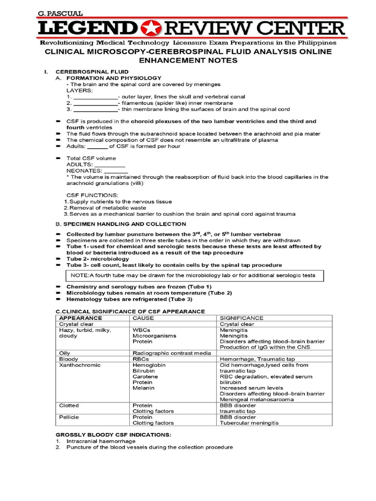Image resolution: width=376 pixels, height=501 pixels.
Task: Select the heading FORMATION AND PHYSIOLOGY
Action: click(x=114, y=78)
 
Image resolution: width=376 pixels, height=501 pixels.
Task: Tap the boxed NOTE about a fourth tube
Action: click(x=193, y=275)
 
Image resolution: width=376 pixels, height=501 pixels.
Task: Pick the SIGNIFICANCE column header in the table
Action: click(x=241, y=318)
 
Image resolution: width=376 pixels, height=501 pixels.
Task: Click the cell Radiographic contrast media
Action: click(x=172, y=352)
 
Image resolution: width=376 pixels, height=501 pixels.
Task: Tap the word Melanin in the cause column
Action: click(x=143, y=388)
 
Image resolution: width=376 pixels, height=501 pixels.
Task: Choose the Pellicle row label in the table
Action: click(x=69, y=417)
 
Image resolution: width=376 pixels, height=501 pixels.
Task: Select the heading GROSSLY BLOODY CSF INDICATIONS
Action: click(x=113, y=434)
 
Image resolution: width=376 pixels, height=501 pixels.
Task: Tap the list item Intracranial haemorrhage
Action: click(x=101, y=441)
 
